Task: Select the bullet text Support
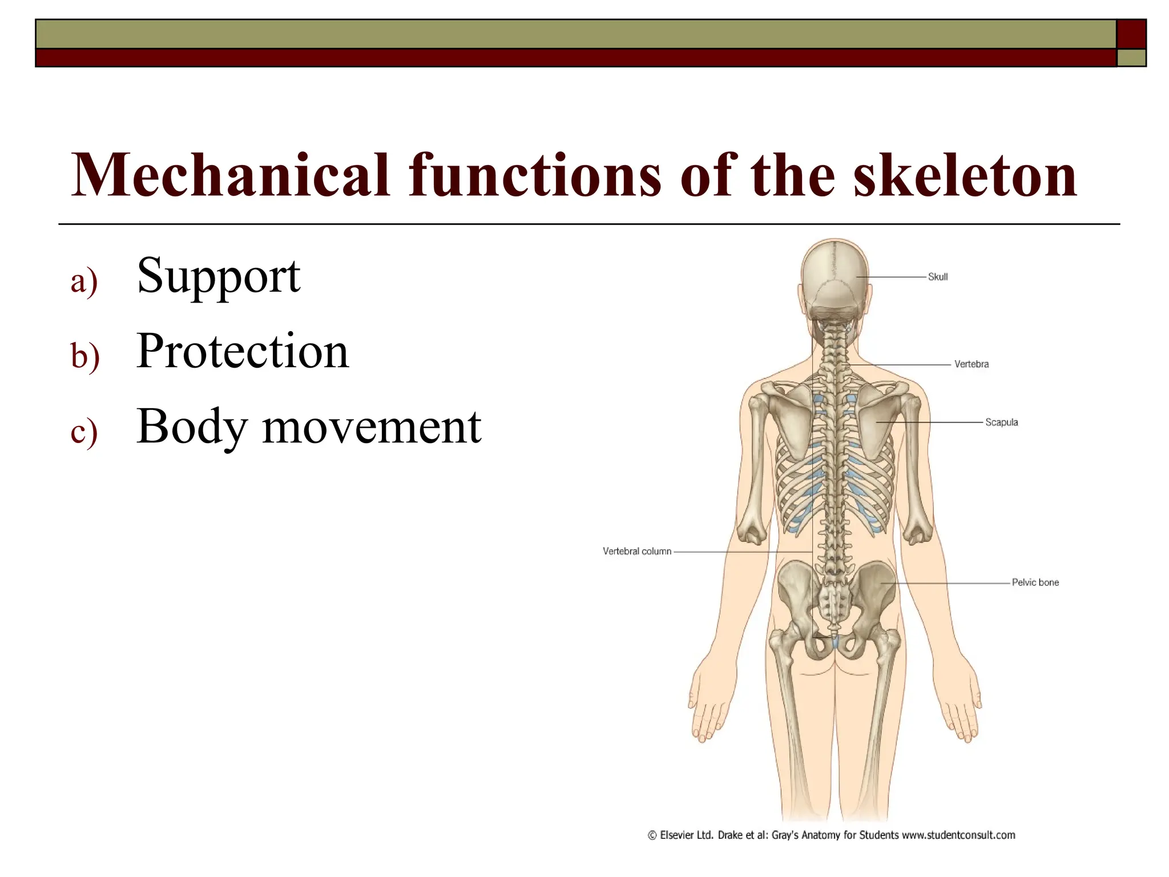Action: tap(219, 277)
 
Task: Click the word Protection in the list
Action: tap(243, 352)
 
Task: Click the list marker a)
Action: tap(84, 282)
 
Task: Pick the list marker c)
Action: tap(84, 432)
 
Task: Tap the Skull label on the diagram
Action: tap(937, 277)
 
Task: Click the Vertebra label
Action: tap(971, 364)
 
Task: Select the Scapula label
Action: tap(1001, 423)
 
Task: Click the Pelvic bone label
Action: tap(1035, 582)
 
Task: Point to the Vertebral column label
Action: tap(636, 552)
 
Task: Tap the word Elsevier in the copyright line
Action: tap(678, 835)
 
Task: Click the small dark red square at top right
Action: tap(1131, 34)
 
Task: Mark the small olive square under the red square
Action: tap(1131, 58)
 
